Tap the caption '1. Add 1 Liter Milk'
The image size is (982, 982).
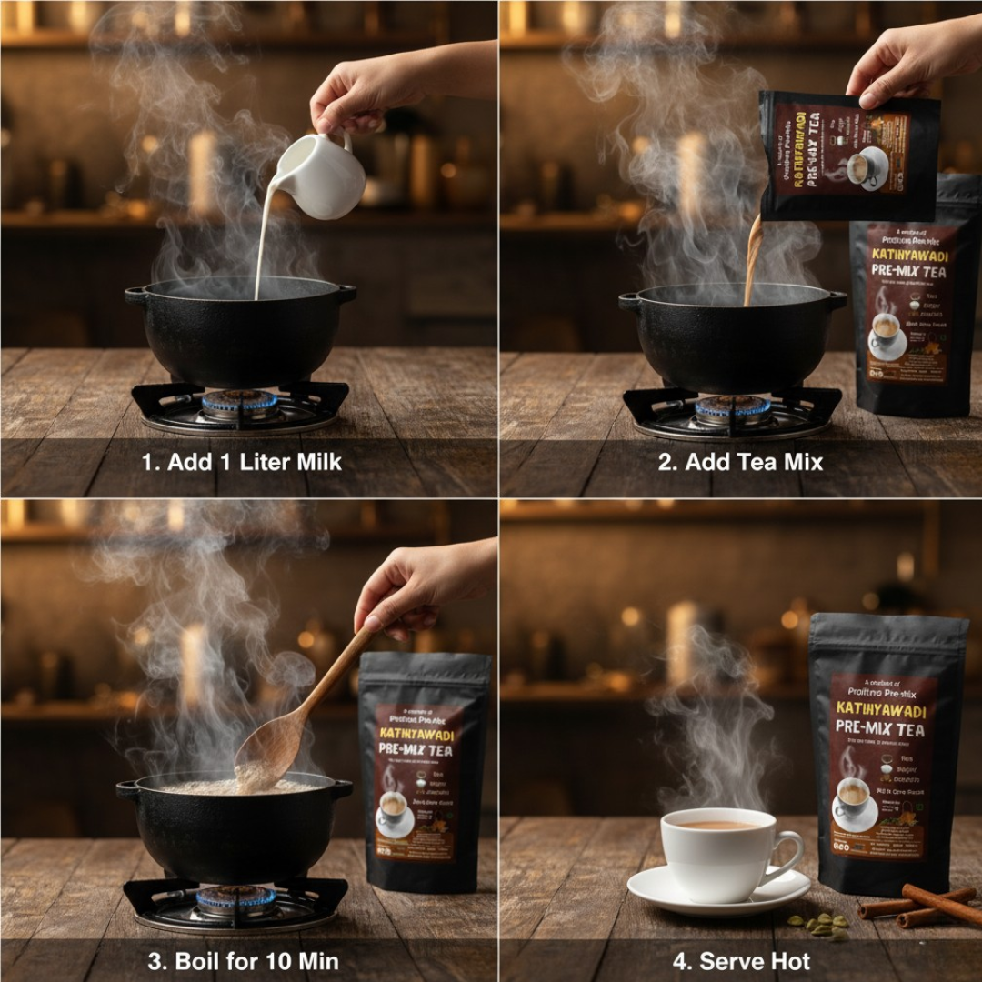pos(242,462)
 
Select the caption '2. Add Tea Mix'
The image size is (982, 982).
pos(740,462)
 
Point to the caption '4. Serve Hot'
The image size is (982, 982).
pos(741,960)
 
